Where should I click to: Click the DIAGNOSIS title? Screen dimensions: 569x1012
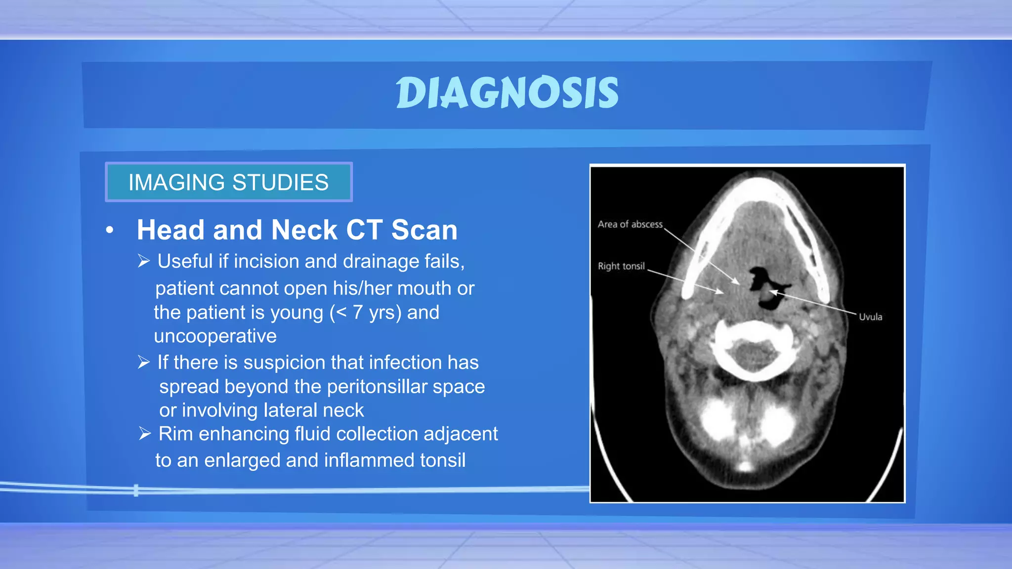(x=507, y=93)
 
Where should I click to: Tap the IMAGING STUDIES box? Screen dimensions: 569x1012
(x=229, y=182)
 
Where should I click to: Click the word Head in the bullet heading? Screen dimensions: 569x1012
(x=170, y=230)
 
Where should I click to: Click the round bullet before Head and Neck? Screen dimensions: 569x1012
(x=110, y=230)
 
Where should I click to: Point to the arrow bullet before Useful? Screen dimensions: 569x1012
(x=144, y=261)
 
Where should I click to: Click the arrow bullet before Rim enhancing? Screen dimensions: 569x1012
(x=145, y=434)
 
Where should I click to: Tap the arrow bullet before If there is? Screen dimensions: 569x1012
(x=144, y=362)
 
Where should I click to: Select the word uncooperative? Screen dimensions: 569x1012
(x=215, y=336)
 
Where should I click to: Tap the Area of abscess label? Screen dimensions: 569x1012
(x=630, y=224)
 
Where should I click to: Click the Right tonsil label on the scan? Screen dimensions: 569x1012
(x=621, y=266)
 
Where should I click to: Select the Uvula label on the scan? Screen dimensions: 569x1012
(x=870, y=317)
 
